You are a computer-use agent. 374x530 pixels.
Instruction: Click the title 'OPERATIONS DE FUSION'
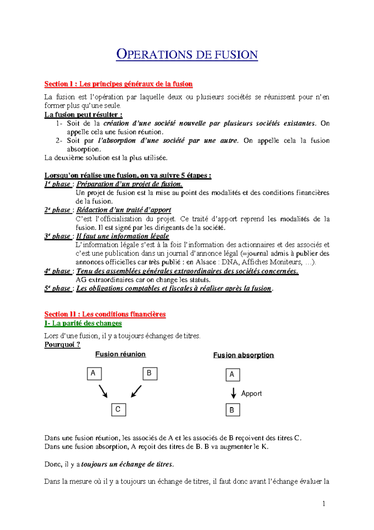[187, 55]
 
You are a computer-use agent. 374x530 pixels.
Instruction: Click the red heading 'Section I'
[59, 84]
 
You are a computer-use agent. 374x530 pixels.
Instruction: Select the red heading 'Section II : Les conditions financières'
[105, 314]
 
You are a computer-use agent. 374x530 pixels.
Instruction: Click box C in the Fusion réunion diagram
[118, 410]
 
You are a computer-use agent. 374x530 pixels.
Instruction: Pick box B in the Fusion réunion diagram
[150, 373]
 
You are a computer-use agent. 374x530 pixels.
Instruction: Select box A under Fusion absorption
[233, 375]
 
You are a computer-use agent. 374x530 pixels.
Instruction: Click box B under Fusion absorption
[233, 410]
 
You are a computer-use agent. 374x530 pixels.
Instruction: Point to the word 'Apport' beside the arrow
[252, 394]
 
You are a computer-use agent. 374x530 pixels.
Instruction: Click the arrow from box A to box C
[103, 391]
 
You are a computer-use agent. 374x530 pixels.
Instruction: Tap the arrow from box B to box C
[136, 391]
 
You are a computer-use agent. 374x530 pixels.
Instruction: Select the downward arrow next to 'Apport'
[233, 393]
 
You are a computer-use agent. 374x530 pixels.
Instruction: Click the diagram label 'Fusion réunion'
[120, 354]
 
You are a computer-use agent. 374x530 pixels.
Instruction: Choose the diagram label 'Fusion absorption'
[243, 355]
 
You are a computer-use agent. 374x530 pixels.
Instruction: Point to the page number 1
[324, 503]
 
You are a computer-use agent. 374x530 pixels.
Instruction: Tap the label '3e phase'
[57, 236]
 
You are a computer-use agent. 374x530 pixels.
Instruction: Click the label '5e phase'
[57, 288]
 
